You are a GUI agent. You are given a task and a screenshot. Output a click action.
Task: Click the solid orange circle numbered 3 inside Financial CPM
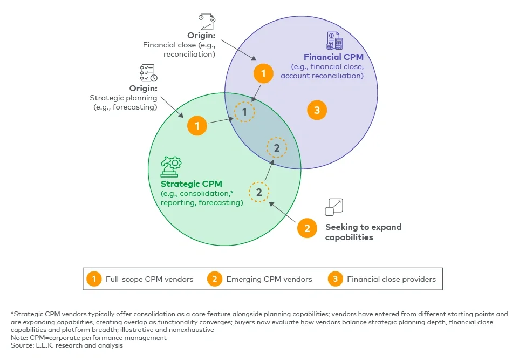317,111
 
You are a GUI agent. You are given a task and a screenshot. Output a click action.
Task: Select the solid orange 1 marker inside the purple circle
263,73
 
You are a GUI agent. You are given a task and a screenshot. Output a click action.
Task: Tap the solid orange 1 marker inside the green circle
197,126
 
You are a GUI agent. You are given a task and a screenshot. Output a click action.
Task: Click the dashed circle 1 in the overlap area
244,112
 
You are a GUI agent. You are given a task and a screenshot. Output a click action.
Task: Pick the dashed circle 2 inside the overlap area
276,147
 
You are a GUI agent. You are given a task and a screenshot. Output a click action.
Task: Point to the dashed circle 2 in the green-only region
258,192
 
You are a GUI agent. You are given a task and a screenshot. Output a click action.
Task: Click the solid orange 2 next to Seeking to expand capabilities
307,228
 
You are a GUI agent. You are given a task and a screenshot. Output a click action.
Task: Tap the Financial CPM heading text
333,57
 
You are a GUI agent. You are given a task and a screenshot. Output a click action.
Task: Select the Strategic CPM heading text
191,184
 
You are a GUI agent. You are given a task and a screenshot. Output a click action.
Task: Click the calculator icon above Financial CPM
334,40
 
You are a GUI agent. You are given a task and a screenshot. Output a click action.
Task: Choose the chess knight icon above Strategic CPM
170,167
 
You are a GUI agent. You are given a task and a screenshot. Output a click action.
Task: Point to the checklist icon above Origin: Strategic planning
148,73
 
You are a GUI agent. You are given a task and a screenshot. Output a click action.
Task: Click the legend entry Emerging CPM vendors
261,279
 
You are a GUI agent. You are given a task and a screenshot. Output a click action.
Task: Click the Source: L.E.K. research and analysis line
66,345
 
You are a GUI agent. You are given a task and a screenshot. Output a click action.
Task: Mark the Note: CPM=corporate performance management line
88,338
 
